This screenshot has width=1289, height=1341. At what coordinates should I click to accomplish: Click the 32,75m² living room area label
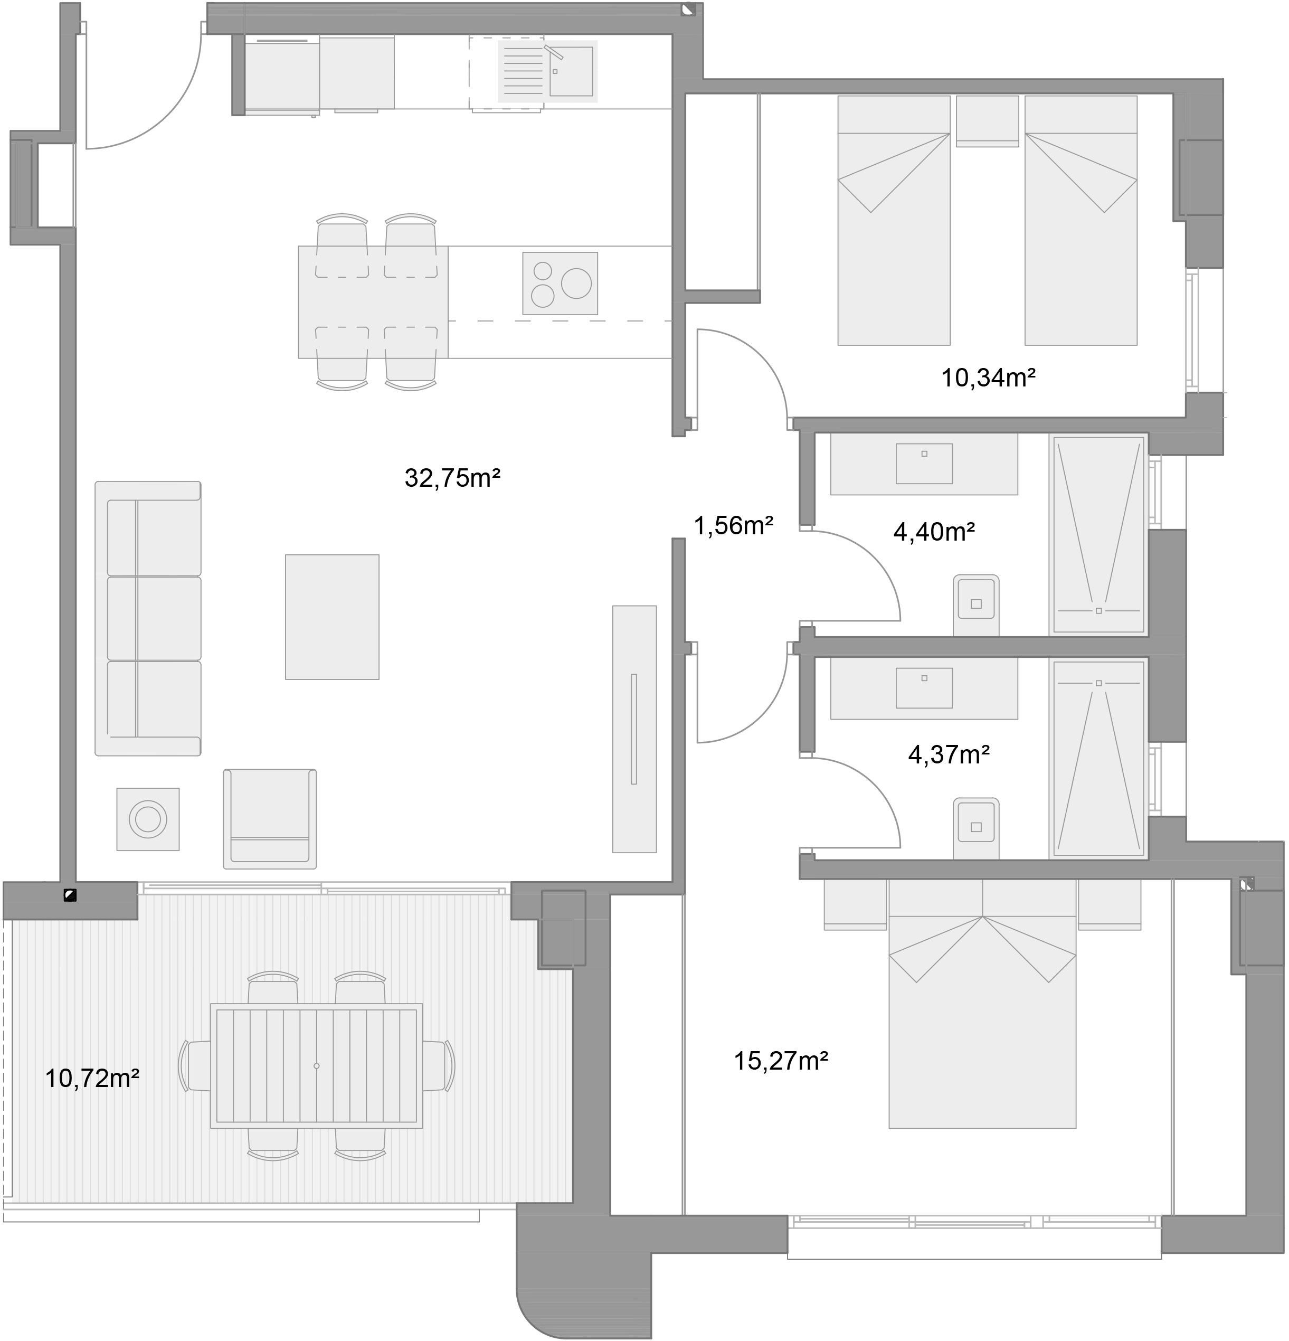tap(452, 478)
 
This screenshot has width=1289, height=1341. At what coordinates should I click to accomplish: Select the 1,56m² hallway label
tap(734, 525)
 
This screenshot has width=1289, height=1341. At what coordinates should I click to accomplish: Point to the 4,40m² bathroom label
tap(934, 531)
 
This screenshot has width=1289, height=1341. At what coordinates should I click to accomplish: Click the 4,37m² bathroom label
tap(949, 754)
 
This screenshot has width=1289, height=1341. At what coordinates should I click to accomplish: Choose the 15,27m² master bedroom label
tap(781, 1061)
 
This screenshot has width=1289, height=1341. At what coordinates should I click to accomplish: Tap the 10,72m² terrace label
tap(92, 1078)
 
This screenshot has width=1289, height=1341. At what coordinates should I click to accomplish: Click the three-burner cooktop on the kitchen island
tap(560, 284)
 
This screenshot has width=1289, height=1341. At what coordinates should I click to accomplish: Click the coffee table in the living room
tap(332, 617)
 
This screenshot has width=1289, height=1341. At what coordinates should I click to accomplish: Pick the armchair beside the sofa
tap(270, 818)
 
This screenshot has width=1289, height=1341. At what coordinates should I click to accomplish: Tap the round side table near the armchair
tap(148, 819)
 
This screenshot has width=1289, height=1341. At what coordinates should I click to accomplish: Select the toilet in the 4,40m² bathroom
tap(975, 605)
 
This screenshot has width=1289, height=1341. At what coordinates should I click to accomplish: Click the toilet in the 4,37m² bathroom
tap(975, 827)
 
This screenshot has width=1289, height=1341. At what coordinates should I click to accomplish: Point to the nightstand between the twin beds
tap(987, 120)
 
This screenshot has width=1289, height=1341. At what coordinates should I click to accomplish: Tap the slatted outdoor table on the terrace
tap(316, 1066)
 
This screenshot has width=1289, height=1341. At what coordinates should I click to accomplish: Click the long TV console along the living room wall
tap(634, 729)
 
